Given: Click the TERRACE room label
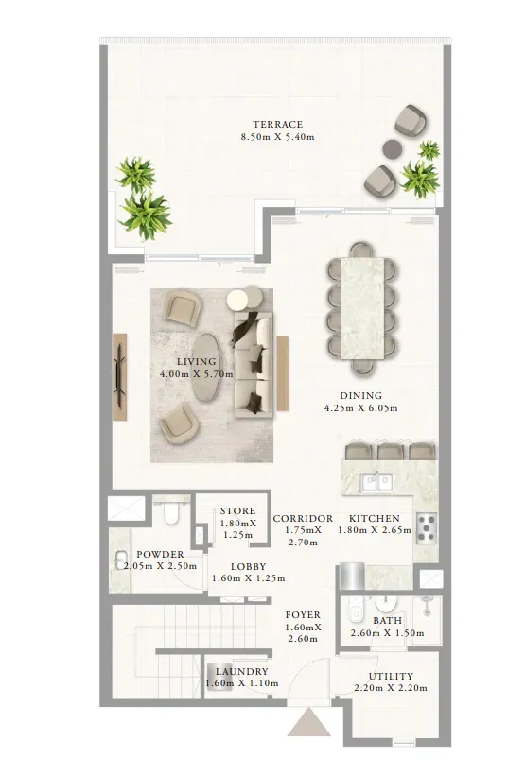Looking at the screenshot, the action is tap(277, 124).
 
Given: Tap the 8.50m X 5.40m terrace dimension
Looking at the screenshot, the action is tap(277, 137).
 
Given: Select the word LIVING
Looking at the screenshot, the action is tap(197, 361).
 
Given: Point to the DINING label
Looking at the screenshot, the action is tap(360, 395).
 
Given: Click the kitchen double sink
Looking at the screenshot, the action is tap(376, 482).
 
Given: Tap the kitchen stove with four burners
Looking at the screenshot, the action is tap(427, 528).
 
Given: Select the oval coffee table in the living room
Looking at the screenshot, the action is tap(208, 368).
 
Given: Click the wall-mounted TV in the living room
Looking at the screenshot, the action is tap(119, 370).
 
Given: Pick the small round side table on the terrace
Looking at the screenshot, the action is tap(392, 148).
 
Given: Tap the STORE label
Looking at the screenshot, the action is tap(238, 510).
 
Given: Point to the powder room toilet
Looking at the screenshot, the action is tap(171, 513).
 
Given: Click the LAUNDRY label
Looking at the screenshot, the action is tap(242, 671).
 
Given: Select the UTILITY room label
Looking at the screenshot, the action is tap(391, 676).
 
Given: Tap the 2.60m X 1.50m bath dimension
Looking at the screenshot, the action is tap(388, 633).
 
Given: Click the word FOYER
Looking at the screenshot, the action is tap(303, 615).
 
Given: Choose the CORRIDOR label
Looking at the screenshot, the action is tap(303, 518).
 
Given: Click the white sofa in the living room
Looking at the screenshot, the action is tap(254, 364).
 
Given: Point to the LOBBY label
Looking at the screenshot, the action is tap(249, 566).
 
